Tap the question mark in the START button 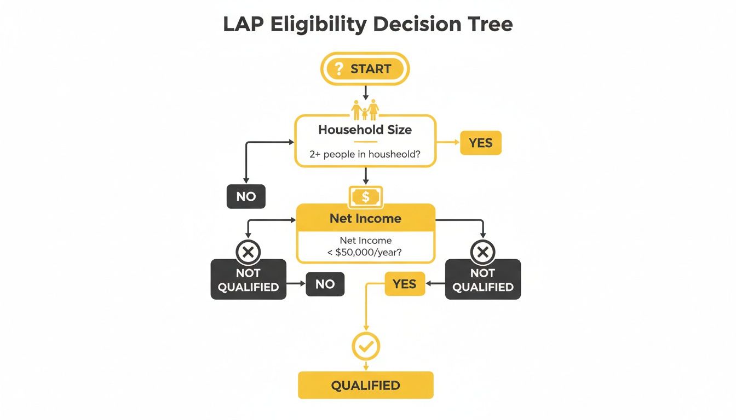(339, 69)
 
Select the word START (371, 69)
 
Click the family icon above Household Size (365, 110)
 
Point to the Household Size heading (365, 130)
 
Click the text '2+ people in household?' (365, 154)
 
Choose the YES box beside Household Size (480, 143)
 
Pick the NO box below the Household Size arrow (246, 196)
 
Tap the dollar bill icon (365, 196)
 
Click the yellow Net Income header (365, 218)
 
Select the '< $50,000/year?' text (365, 253)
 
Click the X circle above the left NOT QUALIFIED (248, 252)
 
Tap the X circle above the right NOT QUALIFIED (482, 252)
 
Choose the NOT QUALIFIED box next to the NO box (248, 279)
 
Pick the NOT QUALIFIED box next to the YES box (482, 279)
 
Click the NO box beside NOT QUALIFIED (325, 284)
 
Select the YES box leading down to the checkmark (405, 284)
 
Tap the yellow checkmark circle (365, 346)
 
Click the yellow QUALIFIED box (365, 385)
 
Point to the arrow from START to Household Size (365, 93)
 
